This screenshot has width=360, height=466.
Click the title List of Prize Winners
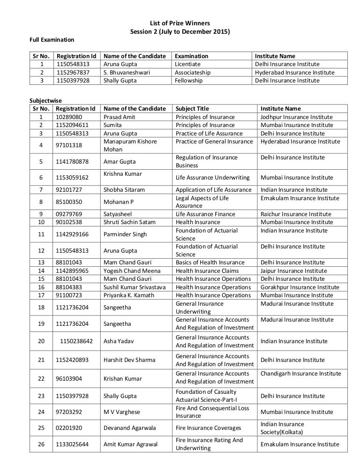[x=180, y=23]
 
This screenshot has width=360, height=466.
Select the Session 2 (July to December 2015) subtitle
[x=180, y=31]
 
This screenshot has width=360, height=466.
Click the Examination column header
[x=191, y=56]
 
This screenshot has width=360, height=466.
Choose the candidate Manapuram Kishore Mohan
[x=130, y=145]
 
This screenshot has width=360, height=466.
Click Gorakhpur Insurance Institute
[x=300, y=287]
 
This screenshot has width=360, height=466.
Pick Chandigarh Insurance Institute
[x=300, y=374]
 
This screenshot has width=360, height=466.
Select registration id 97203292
[x=69, y=412]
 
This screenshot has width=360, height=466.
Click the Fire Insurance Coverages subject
[x=208, y=428]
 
